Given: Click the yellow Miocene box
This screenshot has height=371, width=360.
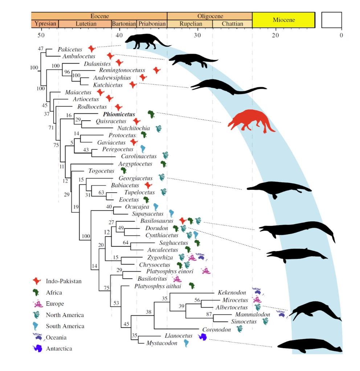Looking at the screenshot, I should (x=283, y=20).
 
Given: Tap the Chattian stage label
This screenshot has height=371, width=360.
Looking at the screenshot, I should (x=232, y=24).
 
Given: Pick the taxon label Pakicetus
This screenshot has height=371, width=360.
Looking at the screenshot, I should (x=70, y=49).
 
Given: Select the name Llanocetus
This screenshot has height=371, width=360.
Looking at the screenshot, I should (x=179, y=336).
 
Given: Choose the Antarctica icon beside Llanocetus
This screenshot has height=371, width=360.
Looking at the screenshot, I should (x=202, y=337).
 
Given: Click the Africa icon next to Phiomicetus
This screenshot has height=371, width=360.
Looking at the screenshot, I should (x=151, y=114).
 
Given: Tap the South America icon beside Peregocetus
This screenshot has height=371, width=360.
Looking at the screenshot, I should (x=143, y=149).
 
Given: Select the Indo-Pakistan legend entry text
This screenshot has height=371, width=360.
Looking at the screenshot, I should (x=64, y=281).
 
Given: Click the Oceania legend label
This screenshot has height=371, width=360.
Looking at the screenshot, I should (x=57, y=337).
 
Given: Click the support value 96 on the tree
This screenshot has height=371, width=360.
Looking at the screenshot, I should (x=67, y=72).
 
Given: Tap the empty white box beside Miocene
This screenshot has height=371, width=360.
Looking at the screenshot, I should (x=331, y=20).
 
